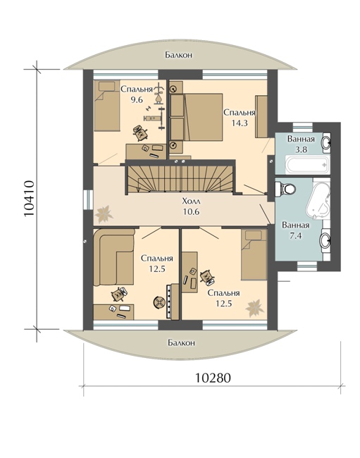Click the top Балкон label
tap(178, 55)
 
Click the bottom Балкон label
tap(181, 342)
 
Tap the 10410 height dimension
tap(29, 199)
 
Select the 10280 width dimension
tap(213, 378)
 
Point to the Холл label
tap(191, 202)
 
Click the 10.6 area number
tap(191, 211)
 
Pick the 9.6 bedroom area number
tap(137, 99)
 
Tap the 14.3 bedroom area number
tap(240, 123)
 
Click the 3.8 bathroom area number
tap(301, 149)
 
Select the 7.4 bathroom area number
tap(295, 235)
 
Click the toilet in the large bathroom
tap(286, 188)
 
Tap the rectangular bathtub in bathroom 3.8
tap(308, 166)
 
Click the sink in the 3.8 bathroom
tap(326, 142)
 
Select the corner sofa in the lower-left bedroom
tap(114, 257)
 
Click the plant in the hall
tap(104, 213)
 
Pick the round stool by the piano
tap(159, 302)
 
